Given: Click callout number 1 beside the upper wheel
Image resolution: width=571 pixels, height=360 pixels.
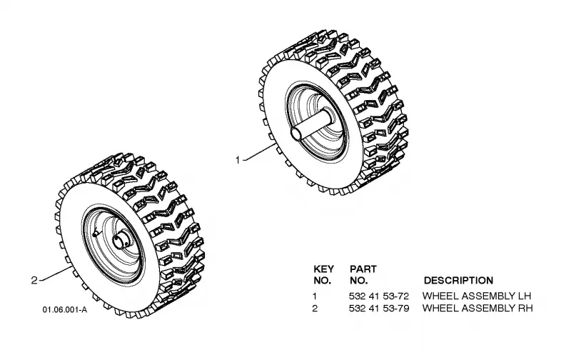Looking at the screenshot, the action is [238, 160].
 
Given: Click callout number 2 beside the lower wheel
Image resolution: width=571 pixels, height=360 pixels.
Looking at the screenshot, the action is [34, 280].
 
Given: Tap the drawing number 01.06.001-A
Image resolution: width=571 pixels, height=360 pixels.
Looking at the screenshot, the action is [65, 310].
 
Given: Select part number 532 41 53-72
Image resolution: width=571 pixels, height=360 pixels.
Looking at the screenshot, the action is [379, 296].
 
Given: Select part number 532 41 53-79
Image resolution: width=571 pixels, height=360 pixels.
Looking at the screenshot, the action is [379, 309].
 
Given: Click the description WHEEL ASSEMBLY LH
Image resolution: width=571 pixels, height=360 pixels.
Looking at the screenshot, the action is [477, 296].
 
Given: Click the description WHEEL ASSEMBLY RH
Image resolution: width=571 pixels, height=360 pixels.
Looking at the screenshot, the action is [477, 309].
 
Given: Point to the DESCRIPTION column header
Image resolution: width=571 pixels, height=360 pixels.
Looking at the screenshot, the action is [458, 281].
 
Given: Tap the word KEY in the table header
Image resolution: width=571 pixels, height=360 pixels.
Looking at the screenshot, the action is [323, 269].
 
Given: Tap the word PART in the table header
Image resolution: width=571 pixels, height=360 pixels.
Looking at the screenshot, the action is [363, 269].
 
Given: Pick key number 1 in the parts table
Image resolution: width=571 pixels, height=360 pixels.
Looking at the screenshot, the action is [315, 296].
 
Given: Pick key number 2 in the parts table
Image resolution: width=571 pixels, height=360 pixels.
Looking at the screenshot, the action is [315, 309].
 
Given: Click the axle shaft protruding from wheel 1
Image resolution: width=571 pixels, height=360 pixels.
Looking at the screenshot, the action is [312, 124].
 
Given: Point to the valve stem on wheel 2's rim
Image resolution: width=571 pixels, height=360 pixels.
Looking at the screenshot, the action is [96, 232].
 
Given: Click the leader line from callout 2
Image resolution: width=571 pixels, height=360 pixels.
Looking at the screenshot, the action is [56, 274].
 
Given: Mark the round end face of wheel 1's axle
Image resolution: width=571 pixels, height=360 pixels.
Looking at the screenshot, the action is [295, 134].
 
